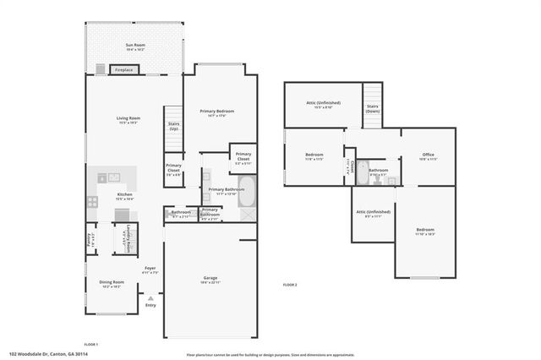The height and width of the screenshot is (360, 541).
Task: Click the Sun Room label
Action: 134,46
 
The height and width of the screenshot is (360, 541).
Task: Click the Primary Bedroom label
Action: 216,112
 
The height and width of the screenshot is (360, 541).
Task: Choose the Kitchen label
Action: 125,194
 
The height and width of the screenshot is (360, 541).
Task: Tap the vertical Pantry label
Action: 90,237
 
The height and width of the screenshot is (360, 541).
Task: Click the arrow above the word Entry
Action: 150,297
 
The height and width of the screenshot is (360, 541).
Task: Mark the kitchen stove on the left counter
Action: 103,177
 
